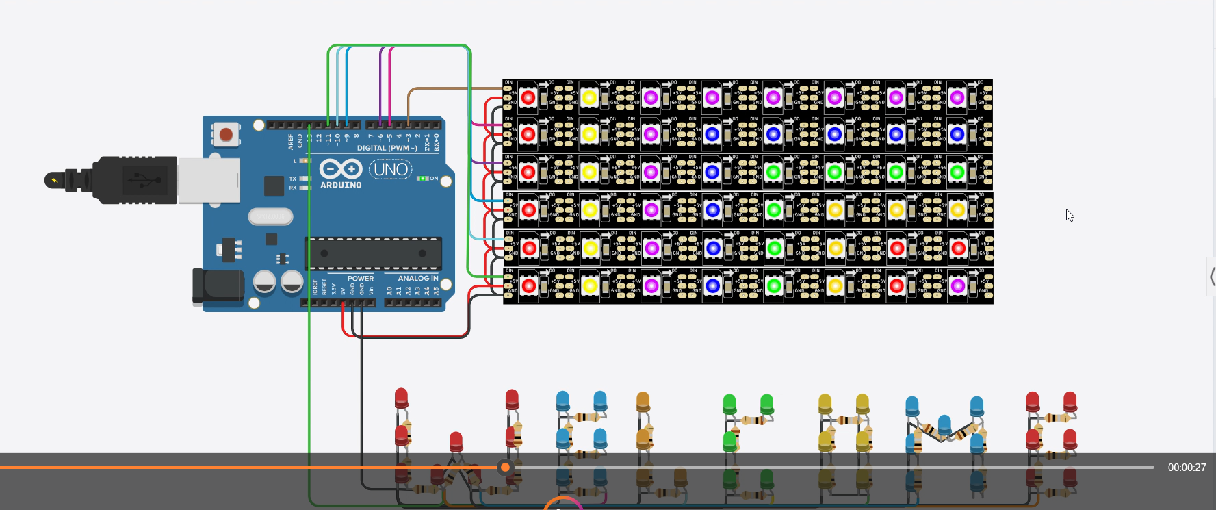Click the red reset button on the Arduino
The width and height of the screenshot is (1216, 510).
[x=225, y=135]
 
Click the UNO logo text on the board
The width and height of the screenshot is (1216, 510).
[x=391, y=169]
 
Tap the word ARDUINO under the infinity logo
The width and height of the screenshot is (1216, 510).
[x=341, y=186]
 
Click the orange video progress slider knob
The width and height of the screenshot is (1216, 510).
[x=505, y=468]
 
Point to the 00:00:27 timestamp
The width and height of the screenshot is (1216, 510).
[x=1187, y=468]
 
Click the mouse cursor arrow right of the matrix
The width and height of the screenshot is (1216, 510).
[x=1070, y=216]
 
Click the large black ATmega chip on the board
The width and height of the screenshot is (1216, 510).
[x=373, y=253]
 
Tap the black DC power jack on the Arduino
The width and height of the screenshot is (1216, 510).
[x=218, y=286]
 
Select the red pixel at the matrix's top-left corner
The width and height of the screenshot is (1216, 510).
[x=528, y=98]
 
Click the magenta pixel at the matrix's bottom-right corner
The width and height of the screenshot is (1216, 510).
[x=958, y=285]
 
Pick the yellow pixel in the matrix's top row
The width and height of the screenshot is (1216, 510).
[x=589, y=98]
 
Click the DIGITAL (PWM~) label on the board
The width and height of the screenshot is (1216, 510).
[x=387, y=148]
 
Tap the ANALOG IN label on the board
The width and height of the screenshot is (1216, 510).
[x=417, y=278]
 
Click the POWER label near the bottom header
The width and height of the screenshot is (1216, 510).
[x=360, y=279]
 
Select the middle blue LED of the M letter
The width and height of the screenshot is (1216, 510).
[x=944, y=424]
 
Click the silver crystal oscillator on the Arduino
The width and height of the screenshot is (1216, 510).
[x=270, y=217]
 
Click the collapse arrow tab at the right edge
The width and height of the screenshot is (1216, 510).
[x=1212, y=277]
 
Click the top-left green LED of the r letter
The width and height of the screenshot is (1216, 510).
[x=729, y=403]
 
